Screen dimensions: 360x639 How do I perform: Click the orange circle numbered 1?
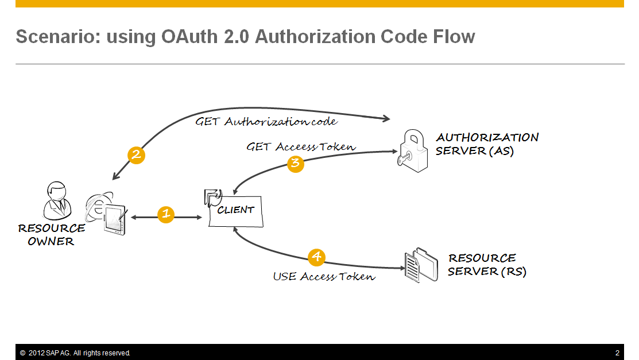(x=166, y=215)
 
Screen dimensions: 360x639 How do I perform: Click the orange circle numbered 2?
(x=136, y=155)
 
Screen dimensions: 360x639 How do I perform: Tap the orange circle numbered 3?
(x=295, y=163)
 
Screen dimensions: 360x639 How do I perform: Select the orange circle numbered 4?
(x=316, y=257)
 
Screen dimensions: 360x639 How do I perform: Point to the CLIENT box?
(x=235, y=210)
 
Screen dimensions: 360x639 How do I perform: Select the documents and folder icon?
(x=420, y=265)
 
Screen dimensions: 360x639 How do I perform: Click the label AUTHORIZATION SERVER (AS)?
(x=487, y=144)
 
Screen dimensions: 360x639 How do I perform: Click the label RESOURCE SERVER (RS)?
(x=487, y=265)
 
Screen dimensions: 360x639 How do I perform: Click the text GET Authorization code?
(x=266, y=122)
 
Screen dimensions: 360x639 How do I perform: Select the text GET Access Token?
(x=301, y=147)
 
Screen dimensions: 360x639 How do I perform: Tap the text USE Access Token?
(x=324, y=277)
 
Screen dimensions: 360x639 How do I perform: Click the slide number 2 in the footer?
(x=617, y=353)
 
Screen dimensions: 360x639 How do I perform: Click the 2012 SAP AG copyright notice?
(x=75, y=353)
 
